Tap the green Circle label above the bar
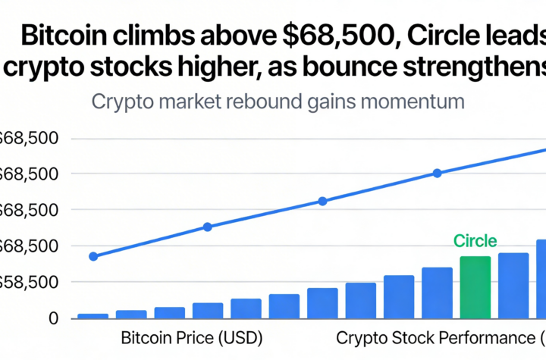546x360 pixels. click(x=475, y=242)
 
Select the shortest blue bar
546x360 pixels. click(x=93, y=315)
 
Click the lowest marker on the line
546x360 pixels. click(x=93, y=256)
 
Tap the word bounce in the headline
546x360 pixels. click(x=361, y=68)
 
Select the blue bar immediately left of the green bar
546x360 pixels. click(x=437, y=292)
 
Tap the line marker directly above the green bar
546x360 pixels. click(x=438, y=173)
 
